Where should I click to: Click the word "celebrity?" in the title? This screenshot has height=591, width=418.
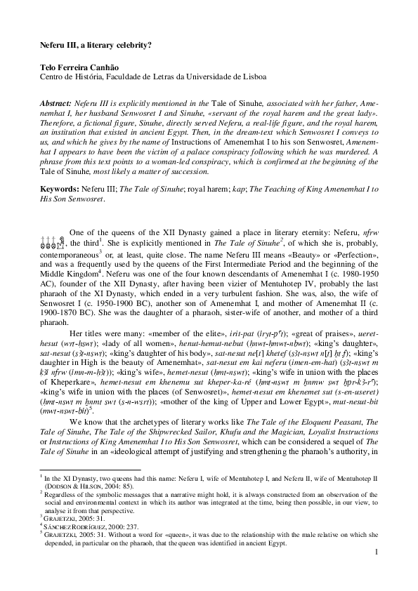coord(133,44)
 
